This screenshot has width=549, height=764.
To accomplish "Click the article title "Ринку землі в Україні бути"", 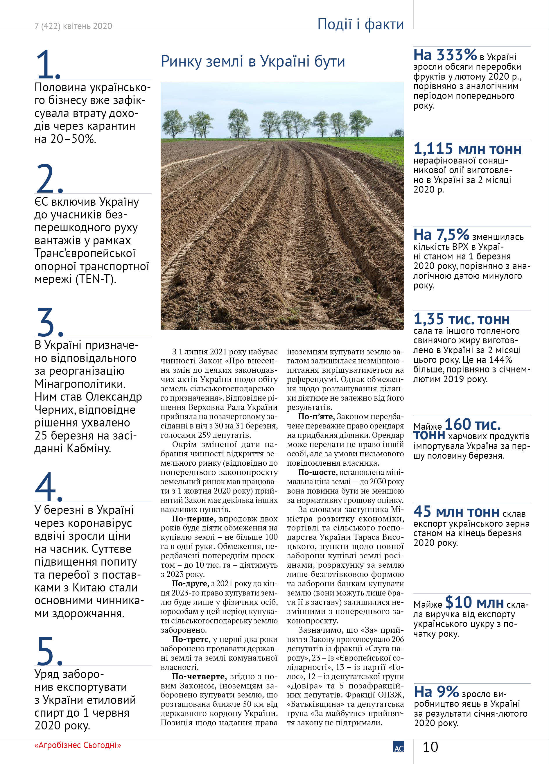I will (253, 62).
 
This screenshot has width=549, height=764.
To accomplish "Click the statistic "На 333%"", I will (445, 55).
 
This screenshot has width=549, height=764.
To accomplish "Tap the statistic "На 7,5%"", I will (441, 234).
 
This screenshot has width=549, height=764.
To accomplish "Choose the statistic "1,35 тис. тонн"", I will (462, 319).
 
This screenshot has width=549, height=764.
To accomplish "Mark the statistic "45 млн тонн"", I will (456, 512).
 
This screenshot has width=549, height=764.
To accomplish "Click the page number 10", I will (430, 747).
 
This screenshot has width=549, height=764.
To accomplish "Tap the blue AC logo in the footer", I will (399, 747).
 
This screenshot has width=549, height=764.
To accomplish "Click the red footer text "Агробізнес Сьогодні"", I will (78, 745).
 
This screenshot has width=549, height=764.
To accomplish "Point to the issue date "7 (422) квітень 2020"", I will (73, 26).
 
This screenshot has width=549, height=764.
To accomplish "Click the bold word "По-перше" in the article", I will (190, 519).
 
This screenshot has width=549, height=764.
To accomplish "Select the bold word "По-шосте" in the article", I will (317, 472).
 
